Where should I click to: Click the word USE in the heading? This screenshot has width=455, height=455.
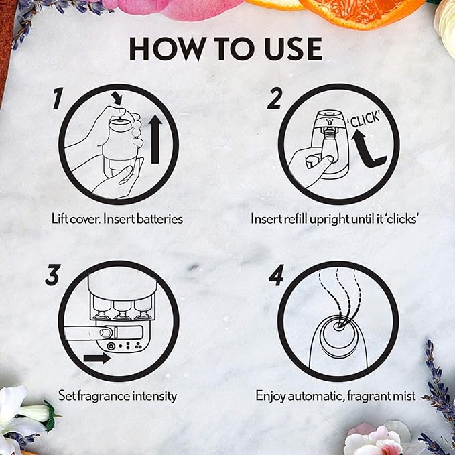294,49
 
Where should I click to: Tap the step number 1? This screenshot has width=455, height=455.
58,99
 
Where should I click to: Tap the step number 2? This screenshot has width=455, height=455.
274,98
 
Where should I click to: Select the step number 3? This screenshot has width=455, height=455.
53,275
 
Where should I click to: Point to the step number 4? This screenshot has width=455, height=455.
276,275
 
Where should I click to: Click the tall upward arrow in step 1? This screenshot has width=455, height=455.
155,139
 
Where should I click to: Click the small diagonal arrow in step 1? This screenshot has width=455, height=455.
117,98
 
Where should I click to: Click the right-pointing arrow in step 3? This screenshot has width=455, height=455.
97,359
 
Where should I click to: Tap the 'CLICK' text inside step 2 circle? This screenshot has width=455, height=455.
364,119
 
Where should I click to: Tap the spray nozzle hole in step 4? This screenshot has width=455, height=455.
338,326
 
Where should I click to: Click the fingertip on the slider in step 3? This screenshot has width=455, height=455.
105,332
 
